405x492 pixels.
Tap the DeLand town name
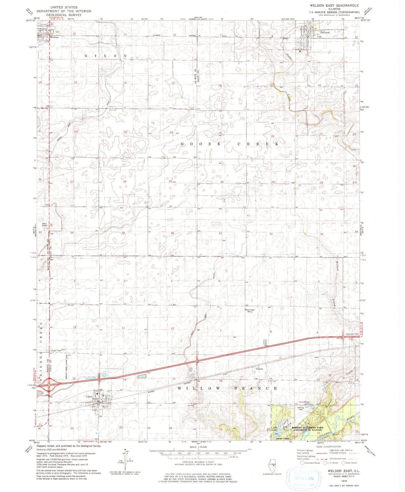pos(325,33)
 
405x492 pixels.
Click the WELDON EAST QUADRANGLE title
pos(334,5)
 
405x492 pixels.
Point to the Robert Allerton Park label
pos(307,428)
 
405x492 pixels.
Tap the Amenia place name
pos(259,369)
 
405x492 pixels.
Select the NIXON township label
pos(106,56)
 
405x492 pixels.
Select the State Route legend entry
pos(349,463)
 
